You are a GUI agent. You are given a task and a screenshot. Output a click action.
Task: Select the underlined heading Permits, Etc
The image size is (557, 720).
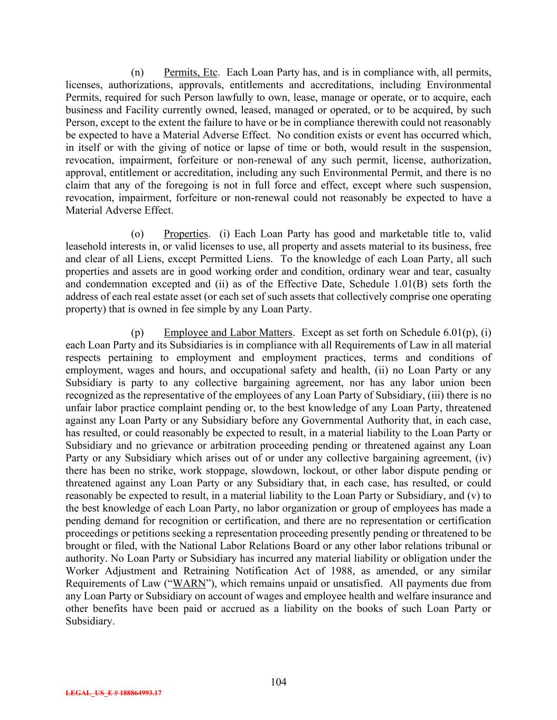point(191,72)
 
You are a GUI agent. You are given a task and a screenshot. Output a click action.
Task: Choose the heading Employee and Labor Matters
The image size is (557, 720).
point(228,333)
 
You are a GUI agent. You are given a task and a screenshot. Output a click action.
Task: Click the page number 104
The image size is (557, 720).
point(278,682)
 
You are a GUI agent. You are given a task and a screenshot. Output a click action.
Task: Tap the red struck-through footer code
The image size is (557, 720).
point(114,694)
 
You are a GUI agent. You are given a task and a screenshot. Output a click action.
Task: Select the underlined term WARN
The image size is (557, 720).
point(189,584)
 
